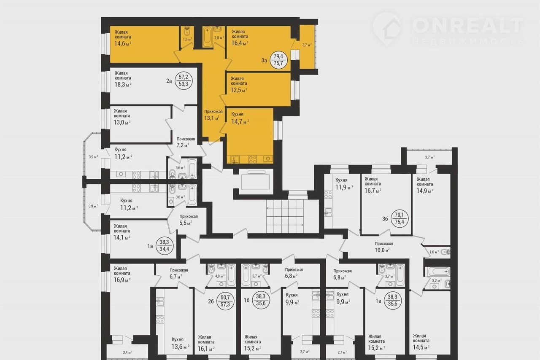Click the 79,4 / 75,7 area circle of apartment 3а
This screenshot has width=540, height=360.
(x=279, y=60)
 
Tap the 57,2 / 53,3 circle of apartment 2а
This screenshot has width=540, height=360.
(x=184, y=81)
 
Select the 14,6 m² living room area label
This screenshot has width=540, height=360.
(x=123, y=38)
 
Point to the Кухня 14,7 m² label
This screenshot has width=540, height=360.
(x=240, y=118)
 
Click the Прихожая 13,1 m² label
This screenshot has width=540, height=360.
(x=213, y=115)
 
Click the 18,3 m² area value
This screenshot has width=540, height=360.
(x=123, y=84)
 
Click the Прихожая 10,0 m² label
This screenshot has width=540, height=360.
(x=384, y=247)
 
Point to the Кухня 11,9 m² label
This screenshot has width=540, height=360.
(x=344, y=184)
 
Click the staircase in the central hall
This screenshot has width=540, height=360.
(x=285, y=216)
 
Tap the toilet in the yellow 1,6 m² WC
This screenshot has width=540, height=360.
(x=187, y=31)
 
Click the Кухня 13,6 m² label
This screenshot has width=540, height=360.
(x=180, y=343)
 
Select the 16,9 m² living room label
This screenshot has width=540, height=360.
(x=122, y=274)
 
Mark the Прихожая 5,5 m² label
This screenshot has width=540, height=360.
(x=189, y=220)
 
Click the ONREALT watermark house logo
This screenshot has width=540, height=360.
(x=387, y=30)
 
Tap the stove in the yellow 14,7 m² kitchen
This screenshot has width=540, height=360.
(x=252, y=159)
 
